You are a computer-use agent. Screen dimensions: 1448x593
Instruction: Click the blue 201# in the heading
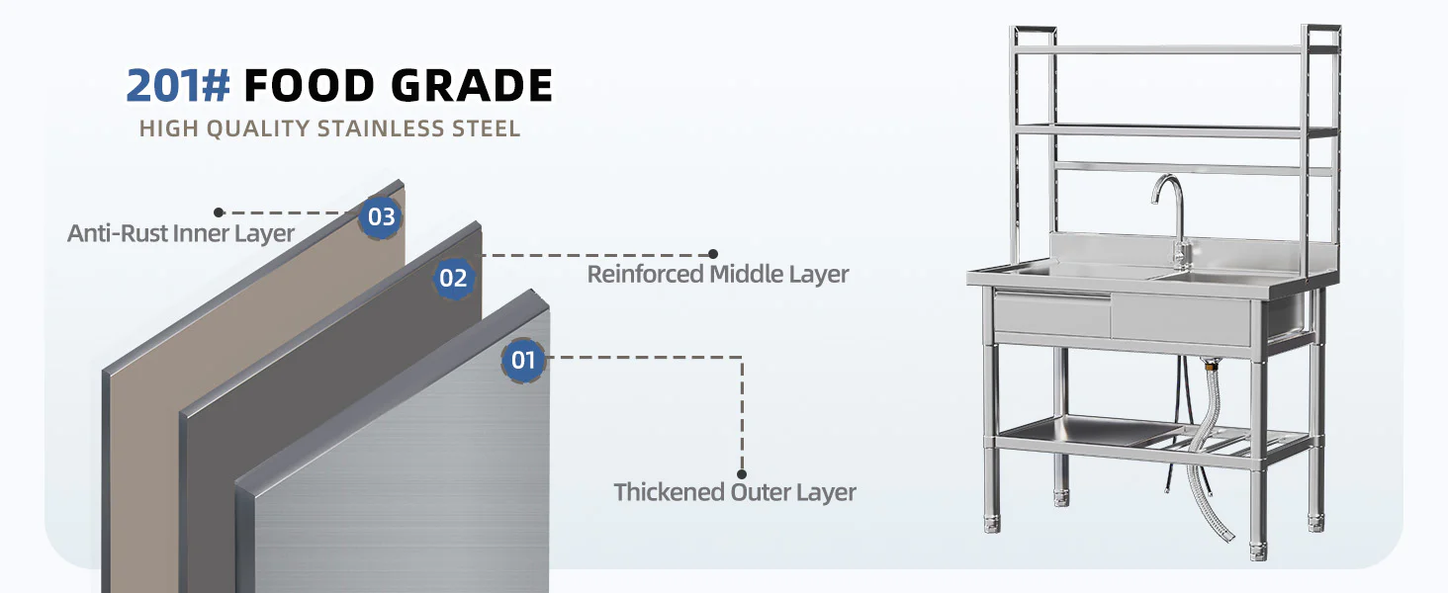(x=178, y=85)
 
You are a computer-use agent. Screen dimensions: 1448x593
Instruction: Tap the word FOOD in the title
(x=310, y=85)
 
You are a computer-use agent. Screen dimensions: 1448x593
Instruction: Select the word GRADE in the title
(x=472, y=85)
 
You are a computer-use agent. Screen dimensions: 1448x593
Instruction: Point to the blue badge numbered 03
(x=381, y=217)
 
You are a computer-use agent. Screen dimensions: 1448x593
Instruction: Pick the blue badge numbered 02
(x=453, y=278)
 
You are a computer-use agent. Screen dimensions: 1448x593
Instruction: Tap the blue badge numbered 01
(x=523, y=360)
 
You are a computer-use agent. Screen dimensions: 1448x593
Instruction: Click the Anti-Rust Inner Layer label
(x=181, y=233)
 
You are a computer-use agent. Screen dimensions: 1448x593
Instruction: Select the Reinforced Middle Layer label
(x=717, y=274)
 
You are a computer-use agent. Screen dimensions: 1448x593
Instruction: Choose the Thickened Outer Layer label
(x=735, y=492)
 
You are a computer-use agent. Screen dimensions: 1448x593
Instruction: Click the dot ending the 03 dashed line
(x=219, y=212)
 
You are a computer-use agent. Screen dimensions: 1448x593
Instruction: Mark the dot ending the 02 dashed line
(x=713, y=255)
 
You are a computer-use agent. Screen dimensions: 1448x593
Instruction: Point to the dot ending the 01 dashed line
(x=742, y=474)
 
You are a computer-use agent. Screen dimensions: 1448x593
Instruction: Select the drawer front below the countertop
(x=1052, y=314)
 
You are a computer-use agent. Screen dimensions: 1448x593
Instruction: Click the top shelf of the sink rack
(x=1175, y=49)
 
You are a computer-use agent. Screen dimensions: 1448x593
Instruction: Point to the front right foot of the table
(x=1258, y=551)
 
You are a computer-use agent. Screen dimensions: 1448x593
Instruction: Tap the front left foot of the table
(x=992, y=523)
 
